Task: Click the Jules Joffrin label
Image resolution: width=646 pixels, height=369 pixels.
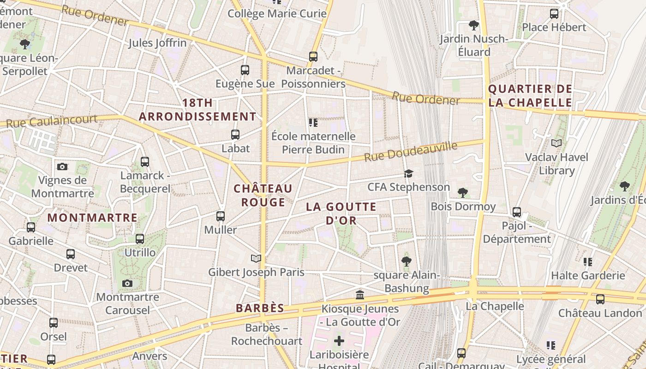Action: click(x=157, y=43)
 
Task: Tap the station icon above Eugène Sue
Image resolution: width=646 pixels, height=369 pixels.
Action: click(x=245, y=70)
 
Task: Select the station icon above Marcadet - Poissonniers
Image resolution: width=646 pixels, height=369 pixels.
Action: click(x=313, y=57)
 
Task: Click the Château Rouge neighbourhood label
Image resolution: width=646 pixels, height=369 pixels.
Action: click(x=263, y=195)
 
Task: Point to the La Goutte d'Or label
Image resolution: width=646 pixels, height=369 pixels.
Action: click(x=341, y=214)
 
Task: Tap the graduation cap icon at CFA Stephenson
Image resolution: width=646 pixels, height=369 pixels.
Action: click(x=408, y=173)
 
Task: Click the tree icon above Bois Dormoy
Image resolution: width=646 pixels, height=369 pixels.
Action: click(x=463, y=192)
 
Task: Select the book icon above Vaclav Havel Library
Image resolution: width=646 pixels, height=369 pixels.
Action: click(x=557, y=143)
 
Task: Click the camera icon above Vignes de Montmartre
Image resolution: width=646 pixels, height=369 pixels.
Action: click(x=62, y=167)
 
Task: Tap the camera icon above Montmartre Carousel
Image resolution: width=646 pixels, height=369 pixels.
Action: click(x=127, y=283)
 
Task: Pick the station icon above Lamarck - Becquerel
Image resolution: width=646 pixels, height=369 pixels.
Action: click(x=145, y=162)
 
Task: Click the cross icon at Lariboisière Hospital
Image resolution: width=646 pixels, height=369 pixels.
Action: click(x=339, y=341)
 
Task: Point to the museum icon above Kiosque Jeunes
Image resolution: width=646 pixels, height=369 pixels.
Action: click(x=360, y=295)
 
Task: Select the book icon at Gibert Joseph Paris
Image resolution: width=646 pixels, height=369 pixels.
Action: click(x=256, y=258)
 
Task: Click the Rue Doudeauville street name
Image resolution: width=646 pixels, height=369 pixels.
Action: click(x=411, y=152)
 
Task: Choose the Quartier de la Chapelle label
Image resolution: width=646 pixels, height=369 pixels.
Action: click(x=530, y=95)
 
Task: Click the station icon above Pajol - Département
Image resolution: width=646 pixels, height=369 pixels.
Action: click(x=517, y=212)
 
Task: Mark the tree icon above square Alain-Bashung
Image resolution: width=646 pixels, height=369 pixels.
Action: click(x=407, y=262)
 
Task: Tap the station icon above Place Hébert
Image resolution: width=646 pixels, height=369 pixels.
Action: click(x=554, y=14)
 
